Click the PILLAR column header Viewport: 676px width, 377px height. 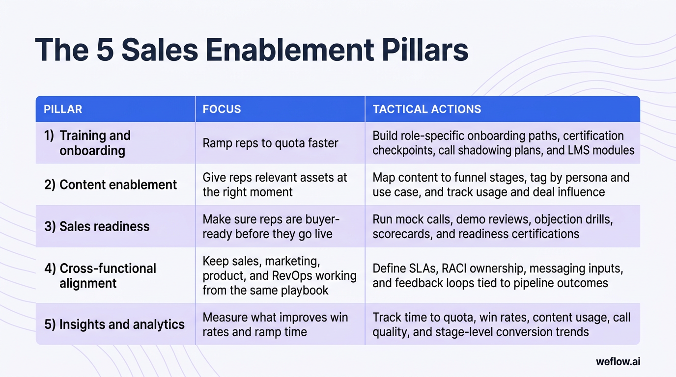coord(63,109)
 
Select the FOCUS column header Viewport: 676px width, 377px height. coord(222,109)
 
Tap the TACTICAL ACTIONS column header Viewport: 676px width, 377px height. coord(426,109)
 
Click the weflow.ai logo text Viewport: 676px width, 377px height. coord(618,362)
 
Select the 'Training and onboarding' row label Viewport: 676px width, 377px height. coord(95,143)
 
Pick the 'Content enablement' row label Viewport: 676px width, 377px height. coord(118,185)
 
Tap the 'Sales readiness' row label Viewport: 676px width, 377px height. coord(104,226)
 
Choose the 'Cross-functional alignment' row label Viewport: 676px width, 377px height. coord(108,276)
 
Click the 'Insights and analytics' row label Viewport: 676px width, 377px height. coord(122,324)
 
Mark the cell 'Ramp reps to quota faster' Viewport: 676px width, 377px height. coord(270,143)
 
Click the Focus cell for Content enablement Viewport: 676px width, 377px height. coord(275,185)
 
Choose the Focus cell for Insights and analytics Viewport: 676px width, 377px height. coord(275,324)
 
